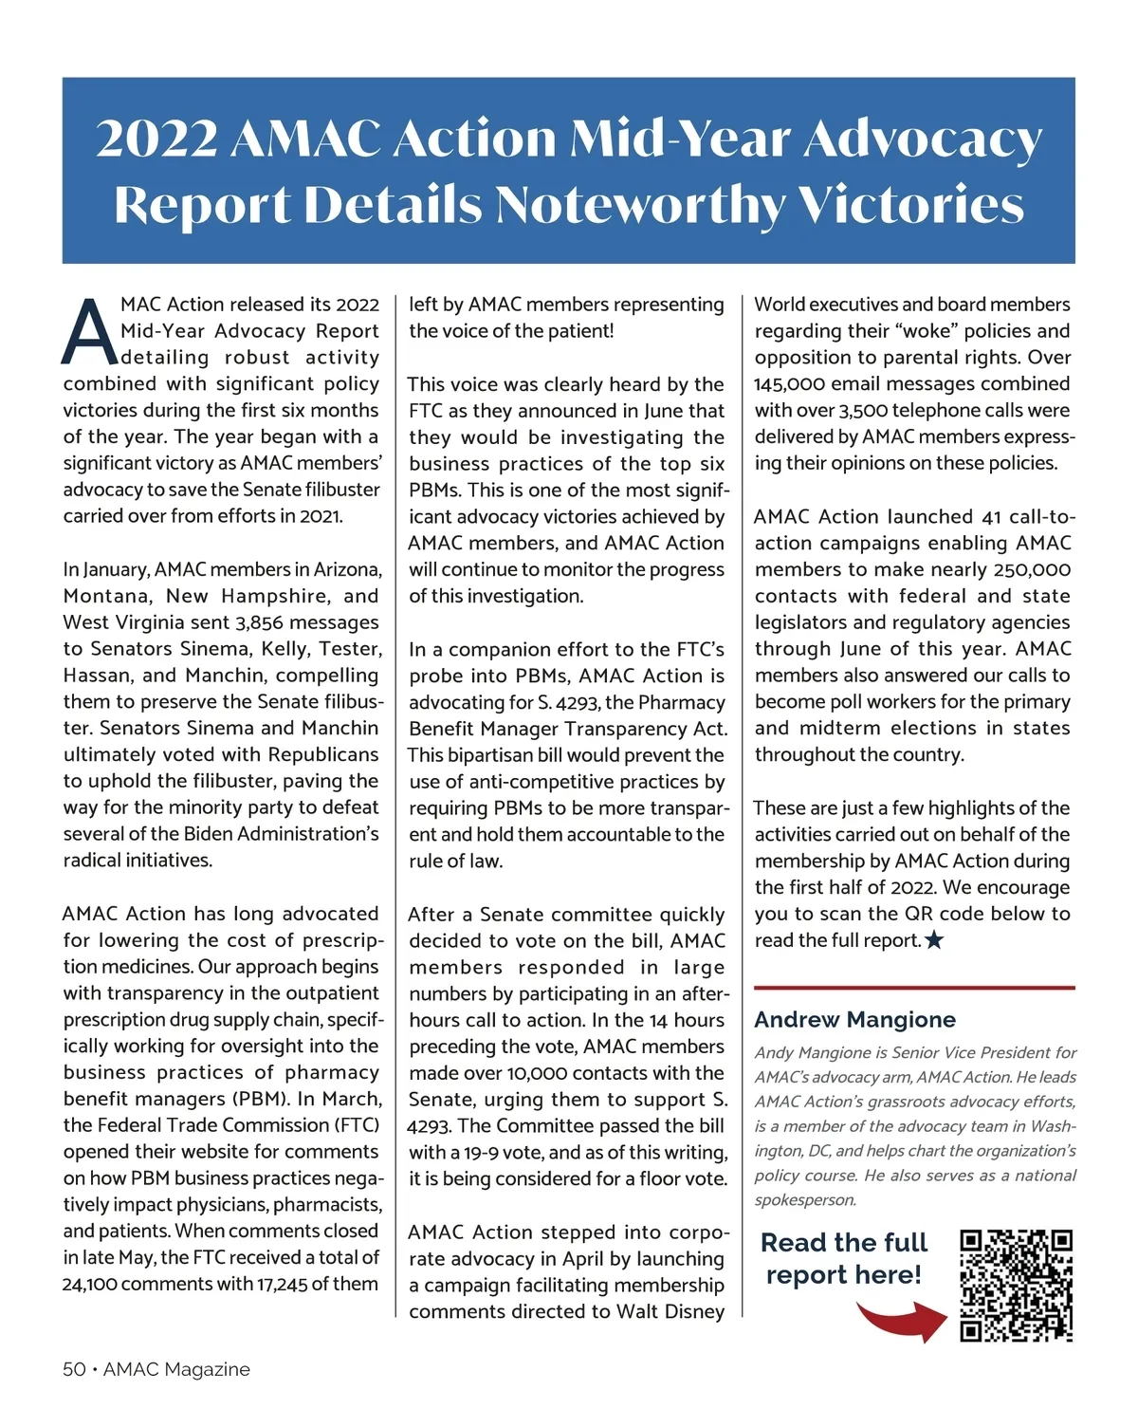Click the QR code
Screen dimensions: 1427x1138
(x=1016, y=1286)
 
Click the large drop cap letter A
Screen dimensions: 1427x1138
(x=88, y=331)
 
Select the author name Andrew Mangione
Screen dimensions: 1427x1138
(x=854, y=1020)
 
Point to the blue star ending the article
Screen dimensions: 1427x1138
(x=934, y=940)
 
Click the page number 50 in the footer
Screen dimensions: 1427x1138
(x=74, y=1369)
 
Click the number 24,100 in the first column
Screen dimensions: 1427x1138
(x=89, y=1284)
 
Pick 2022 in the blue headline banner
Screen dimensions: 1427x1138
(x=156, y=139)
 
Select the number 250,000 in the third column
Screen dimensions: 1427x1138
(x=1033, y=569)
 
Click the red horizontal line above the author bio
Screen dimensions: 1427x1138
(x=914, y=988)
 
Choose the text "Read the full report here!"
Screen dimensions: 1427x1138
(x=844, y=1258)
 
